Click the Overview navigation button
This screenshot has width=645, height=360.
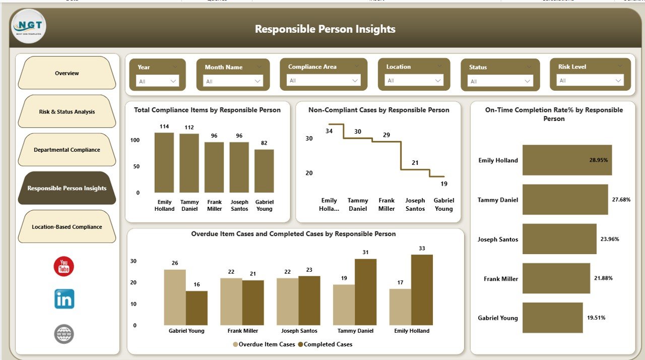tap(67, 73)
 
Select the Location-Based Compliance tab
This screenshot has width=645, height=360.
tap(67, 227)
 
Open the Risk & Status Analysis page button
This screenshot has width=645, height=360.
tap(67, 111)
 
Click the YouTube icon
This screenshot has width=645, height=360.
tap(64, 266)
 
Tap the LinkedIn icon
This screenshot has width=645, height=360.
tap(64, 299)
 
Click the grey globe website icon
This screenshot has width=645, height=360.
tap(64, 334)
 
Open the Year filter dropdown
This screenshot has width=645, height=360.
tap(158, 81)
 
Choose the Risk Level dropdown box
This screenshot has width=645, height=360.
tap(590, 80)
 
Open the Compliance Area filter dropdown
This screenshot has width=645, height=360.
tap(324, 80)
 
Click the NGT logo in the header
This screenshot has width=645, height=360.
tap(29, 26)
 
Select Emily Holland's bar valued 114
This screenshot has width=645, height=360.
tap(164, 162)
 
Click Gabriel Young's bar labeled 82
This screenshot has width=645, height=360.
tap(264, 171)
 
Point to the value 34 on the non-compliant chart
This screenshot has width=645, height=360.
tap(329, 131)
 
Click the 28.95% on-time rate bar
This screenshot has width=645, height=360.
tap(567, 160)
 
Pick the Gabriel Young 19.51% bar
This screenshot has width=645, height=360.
tap(552, 318)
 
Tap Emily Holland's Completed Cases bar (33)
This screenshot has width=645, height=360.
tap(422, 290)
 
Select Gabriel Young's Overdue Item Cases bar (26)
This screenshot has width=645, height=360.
tap(174, 297)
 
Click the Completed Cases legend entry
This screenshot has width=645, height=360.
tap(325, 344)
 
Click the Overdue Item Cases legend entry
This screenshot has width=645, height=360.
tap(264, 344)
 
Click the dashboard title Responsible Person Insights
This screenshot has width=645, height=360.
tap(325, 29)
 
